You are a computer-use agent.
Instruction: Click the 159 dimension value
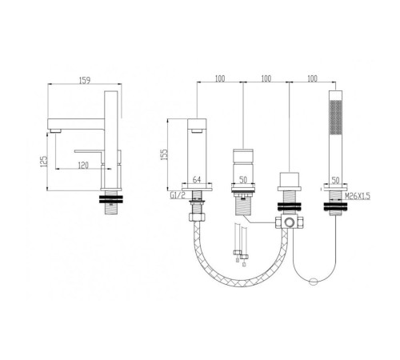(x=85, y=80)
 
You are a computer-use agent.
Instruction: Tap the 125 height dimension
(x=44, y=162)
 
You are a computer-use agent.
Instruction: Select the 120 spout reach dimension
(x=83, y=166)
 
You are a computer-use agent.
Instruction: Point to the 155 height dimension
(x=165, y=154)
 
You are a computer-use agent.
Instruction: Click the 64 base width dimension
(x=197, y=180)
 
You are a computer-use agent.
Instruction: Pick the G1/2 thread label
(x=178, y=195)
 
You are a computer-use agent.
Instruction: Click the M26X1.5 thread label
(x=358, y=196)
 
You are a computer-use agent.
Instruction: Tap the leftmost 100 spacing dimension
(x=220, y=78)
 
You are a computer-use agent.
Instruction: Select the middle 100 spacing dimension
(x=266, y=78)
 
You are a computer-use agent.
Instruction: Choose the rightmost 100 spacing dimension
(x=313, y=78)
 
